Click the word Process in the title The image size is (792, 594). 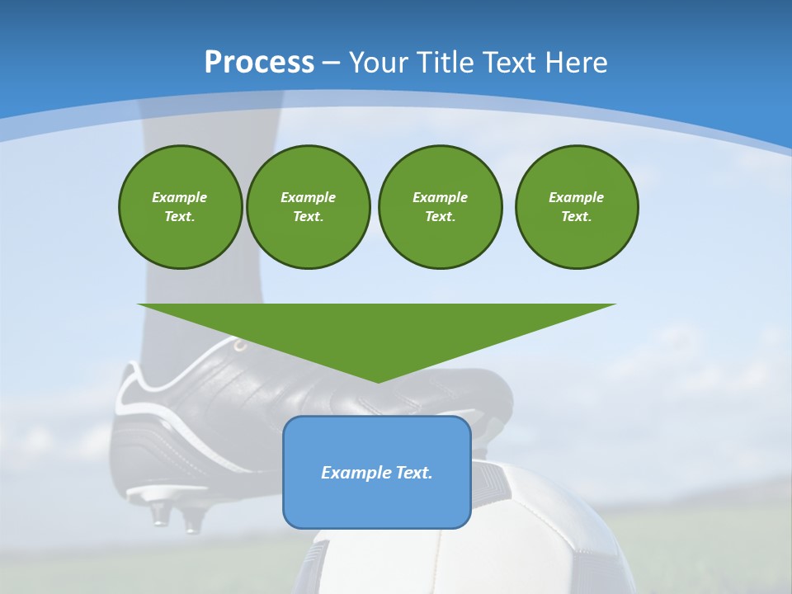coord(259,63)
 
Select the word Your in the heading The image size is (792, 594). coord(377,63)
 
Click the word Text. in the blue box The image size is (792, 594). coord(412,473)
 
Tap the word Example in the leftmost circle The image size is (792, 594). coord(179,197)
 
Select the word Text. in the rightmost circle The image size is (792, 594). coord(577,216)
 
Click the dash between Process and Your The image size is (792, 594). coord(331,63)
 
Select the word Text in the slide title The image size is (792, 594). coord(507,63)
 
